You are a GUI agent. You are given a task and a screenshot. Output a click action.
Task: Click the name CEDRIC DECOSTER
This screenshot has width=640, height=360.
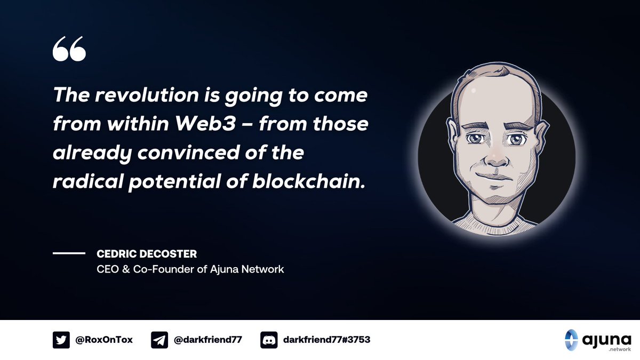pyautogui.click(x=147, y=254)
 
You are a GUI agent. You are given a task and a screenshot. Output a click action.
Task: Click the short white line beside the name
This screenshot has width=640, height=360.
pyautogui.click(x=69, y=254)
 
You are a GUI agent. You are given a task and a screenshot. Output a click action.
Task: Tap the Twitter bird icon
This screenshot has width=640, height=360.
pyautogui.click(x=61, y=340)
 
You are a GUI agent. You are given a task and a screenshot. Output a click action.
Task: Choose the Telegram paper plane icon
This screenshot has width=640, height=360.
pyautogui.click(x=159, y=340)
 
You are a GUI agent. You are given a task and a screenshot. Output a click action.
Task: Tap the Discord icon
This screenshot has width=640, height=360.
pyautogui.click(x=269, y=340)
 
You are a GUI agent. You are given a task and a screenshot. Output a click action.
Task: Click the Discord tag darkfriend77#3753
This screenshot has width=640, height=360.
pyautogui.click(x=326, y=340)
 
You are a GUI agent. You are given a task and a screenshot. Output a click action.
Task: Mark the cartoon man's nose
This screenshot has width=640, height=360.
pyautogui.click(x=495, y=155)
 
